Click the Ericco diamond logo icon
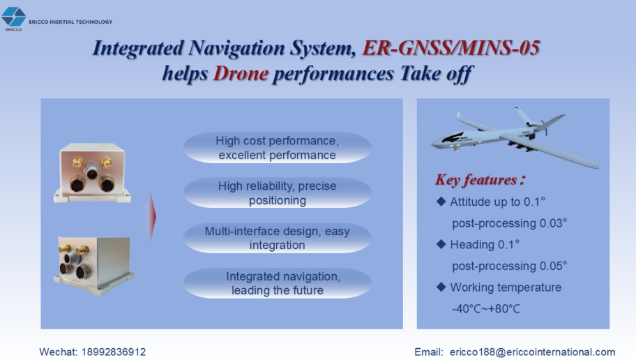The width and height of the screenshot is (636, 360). [13, 17]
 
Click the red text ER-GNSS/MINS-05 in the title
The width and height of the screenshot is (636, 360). [450, 48]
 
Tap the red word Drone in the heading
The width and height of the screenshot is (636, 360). [241, 73]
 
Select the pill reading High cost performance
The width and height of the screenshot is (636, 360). [278, 148]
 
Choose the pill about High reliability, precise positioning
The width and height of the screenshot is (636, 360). [278, 193]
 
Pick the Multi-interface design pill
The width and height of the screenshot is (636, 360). [278, 238]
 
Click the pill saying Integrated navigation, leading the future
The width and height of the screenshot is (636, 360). [278, 283]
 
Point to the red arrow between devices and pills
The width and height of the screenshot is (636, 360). [151, 217]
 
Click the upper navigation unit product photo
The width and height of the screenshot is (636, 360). [92, 172]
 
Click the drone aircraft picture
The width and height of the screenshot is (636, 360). [515, 135]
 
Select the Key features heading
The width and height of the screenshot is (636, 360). [480, 179]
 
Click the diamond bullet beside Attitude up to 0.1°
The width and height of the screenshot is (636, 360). [441, 202]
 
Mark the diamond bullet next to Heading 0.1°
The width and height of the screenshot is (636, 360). [441, 244]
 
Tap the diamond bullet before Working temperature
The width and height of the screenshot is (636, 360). [441, 287]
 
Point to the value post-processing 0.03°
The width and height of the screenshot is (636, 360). [510, 223]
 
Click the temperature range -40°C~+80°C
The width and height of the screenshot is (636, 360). [486, 309]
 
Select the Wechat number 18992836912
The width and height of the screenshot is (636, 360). [114, 352]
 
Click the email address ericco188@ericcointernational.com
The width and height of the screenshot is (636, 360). [532, 352]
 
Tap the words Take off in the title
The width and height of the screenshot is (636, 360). [437, 73]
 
